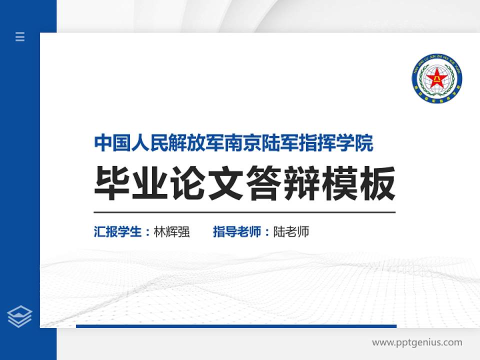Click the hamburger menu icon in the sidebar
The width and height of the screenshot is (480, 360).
(x=20, y=36)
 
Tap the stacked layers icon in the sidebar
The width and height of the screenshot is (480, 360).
(x=20, y=316)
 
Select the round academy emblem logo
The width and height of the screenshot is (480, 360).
(x=437, y=78)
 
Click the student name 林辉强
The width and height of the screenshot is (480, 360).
(x=172, y=232)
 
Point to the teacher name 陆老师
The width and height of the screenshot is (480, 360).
(x=291, y=232)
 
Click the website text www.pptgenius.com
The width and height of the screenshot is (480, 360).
(x=417, y=342)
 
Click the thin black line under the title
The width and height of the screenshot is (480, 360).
(x=244, y=212)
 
